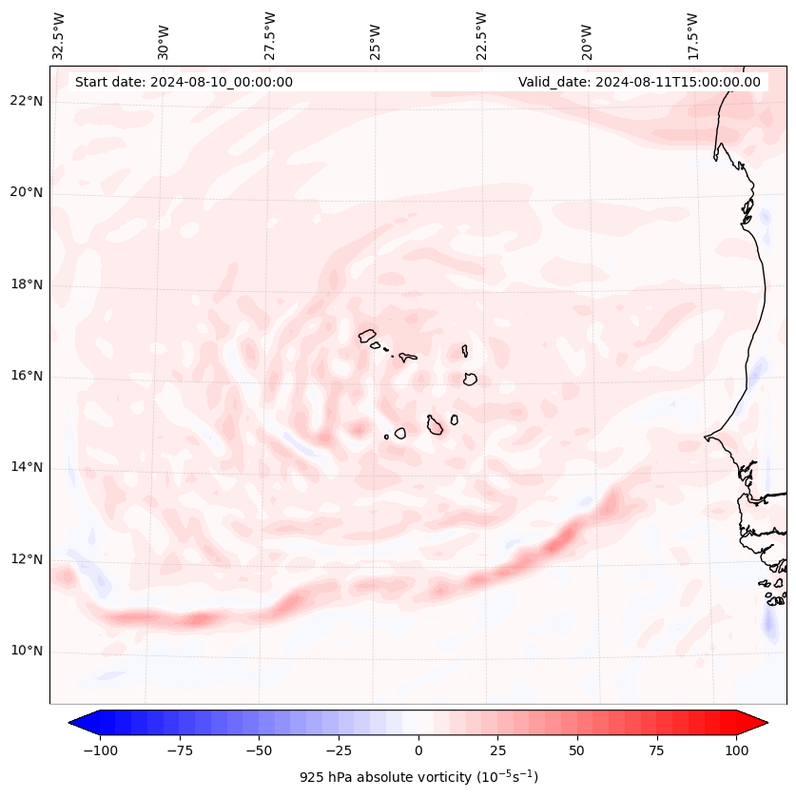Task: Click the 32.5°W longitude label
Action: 60,36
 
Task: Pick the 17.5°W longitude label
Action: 692,36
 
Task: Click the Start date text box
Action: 184,82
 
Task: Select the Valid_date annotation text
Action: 639,82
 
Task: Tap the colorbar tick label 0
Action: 418,750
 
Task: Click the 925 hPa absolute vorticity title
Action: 418,777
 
